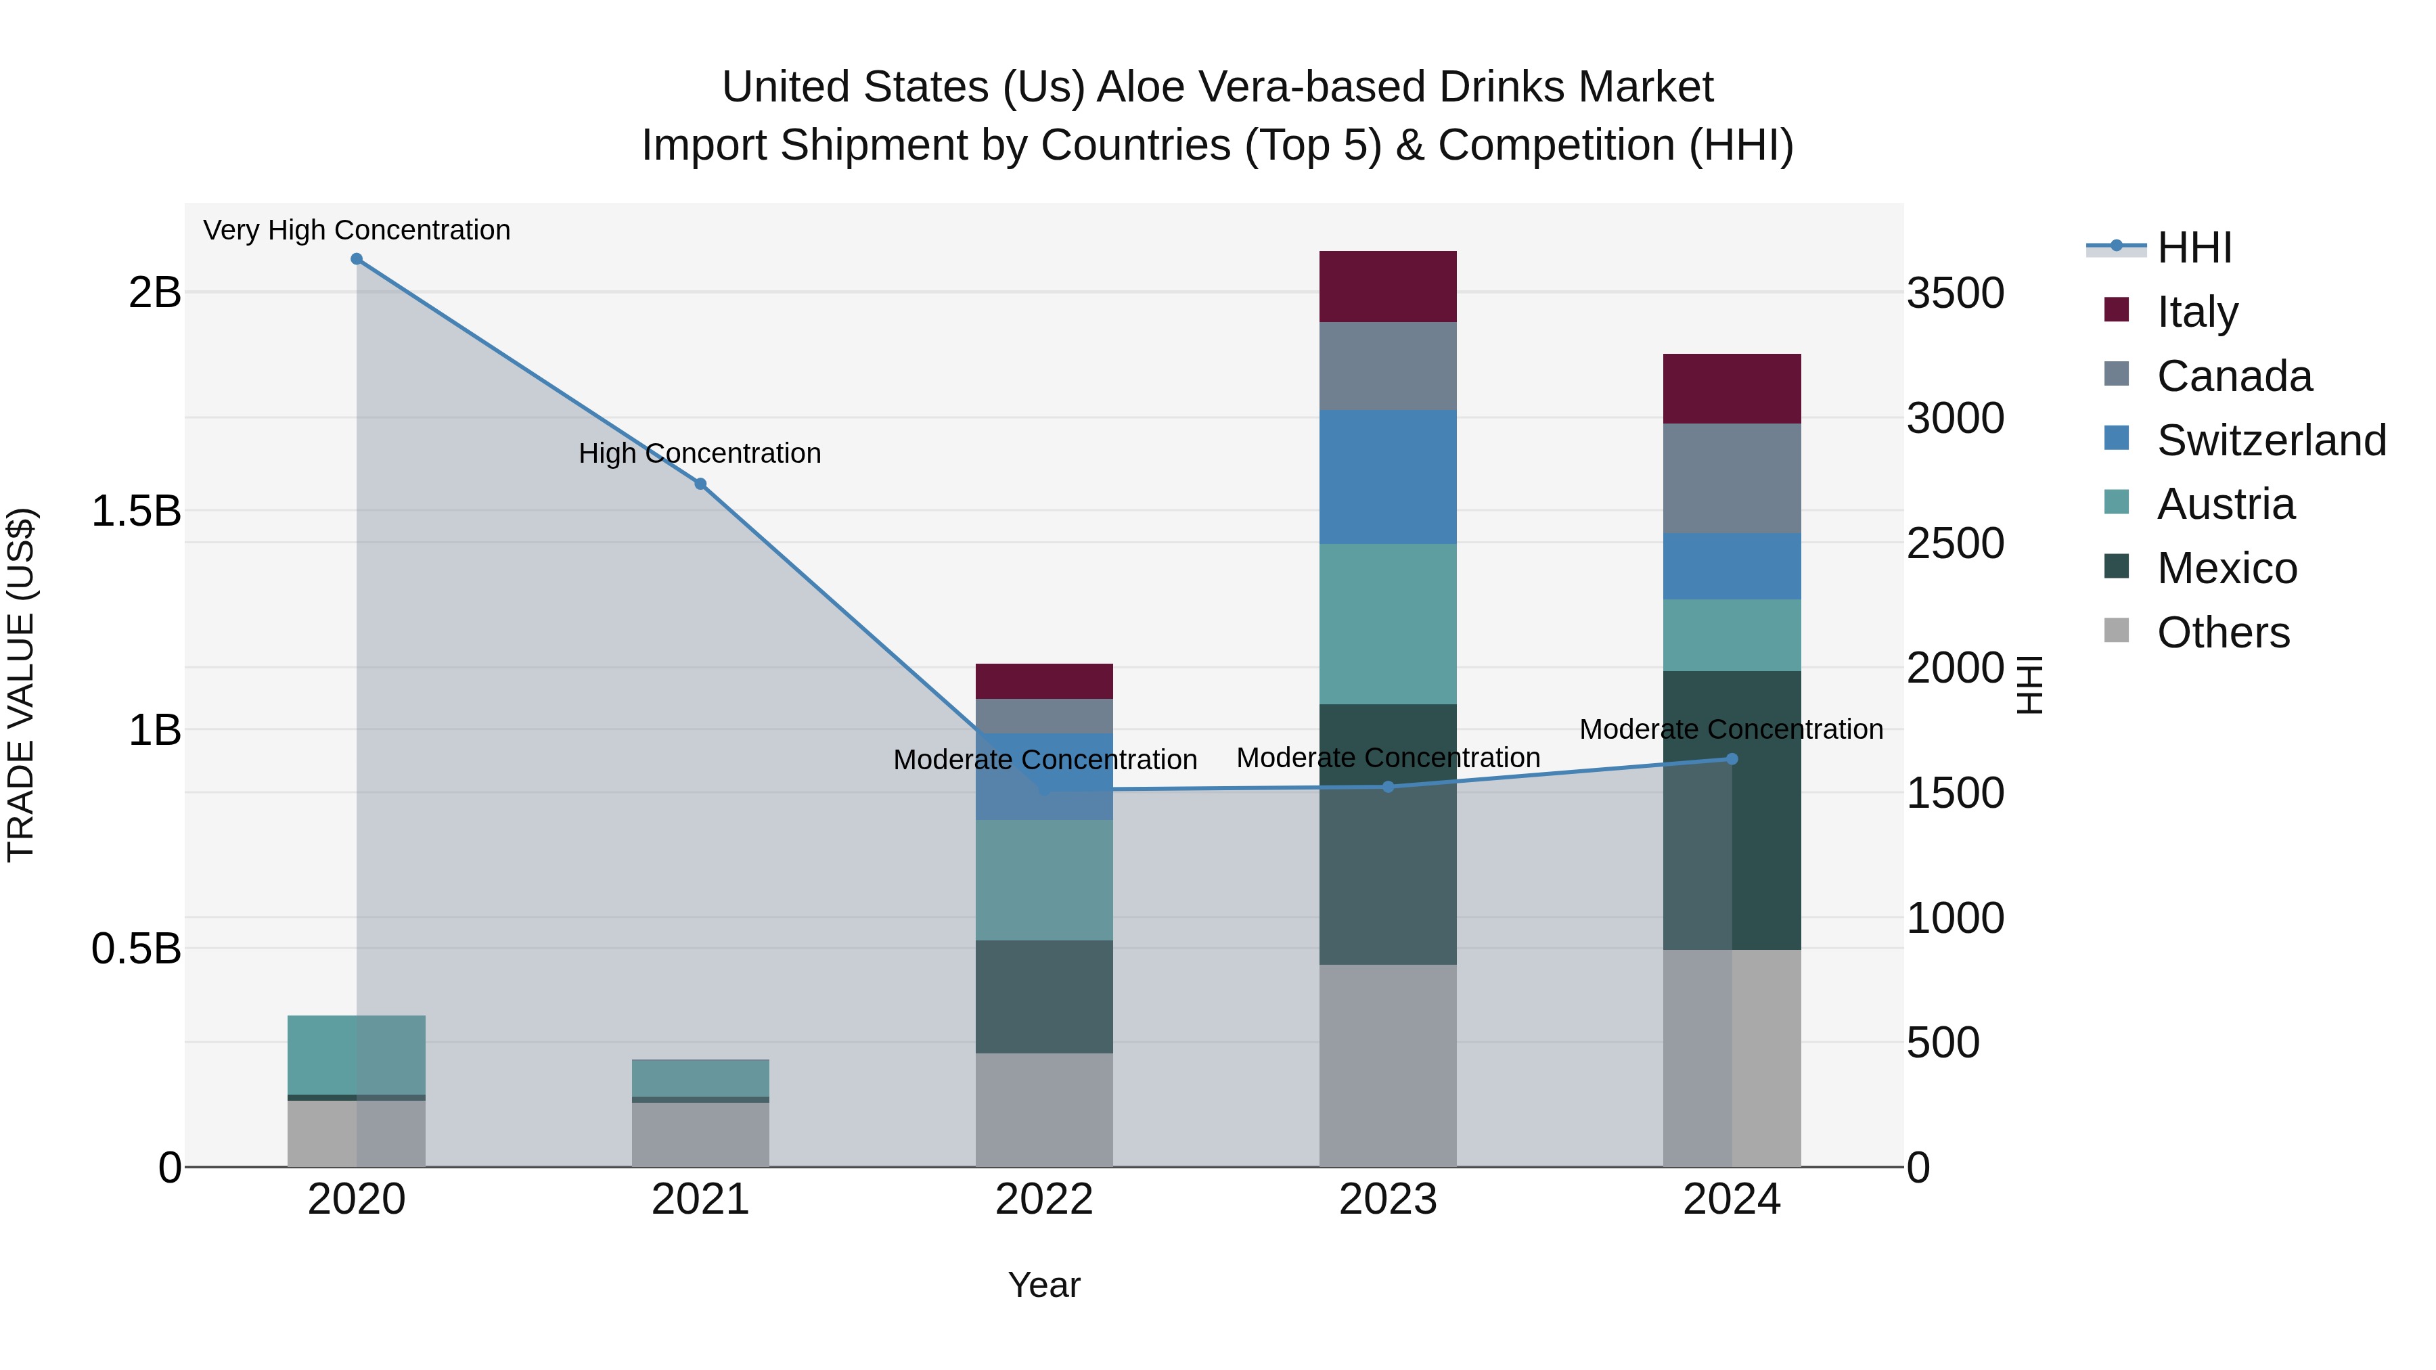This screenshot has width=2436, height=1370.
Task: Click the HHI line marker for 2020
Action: click(357, 259)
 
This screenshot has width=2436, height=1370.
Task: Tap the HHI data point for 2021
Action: click(701, 484)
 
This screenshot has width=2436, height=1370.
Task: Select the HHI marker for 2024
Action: click(1732, 759)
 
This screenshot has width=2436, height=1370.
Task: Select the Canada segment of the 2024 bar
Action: click(1732, 478)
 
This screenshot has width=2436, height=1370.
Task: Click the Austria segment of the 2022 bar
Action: click(1044, 880)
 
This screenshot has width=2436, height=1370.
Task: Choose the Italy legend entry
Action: click(2196, 311)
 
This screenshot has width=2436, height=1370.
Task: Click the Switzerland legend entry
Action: click(2270, 440)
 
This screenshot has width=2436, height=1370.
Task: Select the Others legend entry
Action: click(2222, 632)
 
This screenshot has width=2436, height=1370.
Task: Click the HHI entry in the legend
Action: click(2194, 248)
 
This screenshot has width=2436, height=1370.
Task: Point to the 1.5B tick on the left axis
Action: click(136, 511)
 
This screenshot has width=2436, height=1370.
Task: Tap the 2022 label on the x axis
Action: click(1044, 1200)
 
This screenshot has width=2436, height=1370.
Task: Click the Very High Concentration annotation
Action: click(357, 230)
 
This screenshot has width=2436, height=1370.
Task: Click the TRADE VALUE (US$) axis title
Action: click(21, 685)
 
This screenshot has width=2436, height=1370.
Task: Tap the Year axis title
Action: click(1044, 1285)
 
